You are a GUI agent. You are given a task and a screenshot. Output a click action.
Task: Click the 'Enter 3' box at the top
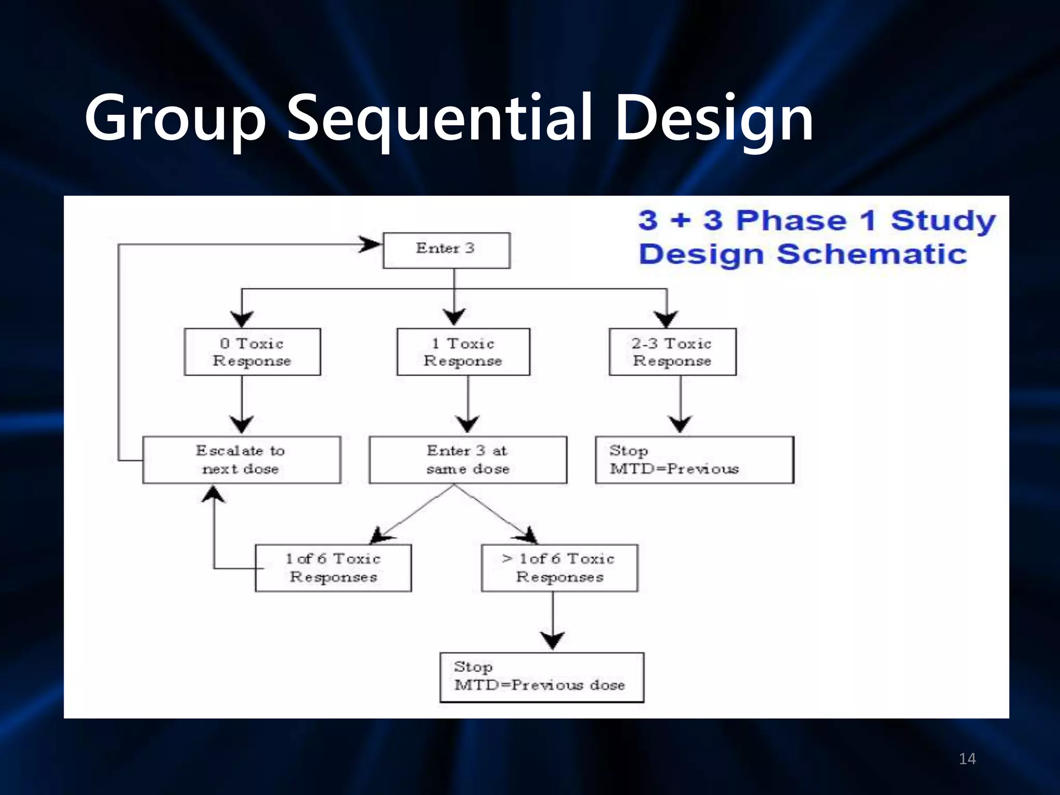(x=446, y=251)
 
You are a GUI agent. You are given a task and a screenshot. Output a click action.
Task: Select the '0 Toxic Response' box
(x=252, y=352)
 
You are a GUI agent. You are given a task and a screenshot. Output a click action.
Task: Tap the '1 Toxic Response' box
(x=463, y=352)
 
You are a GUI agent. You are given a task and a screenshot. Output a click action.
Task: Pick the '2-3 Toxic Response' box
(x=672, y=352)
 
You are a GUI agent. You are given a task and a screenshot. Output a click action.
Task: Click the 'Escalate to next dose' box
(x=241, y=460)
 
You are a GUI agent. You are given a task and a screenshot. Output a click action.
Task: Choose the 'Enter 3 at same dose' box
(x=468, y=460)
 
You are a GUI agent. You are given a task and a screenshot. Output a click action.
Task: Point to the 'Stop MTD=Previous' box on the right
(x=694, y=460)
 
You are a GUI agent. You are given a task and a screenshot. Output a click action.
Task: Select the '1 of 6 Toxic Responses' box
(x=333, y=568)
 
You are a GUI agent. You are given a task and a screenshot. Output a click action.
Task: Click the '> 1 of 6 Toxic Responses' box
(x=560, y=568)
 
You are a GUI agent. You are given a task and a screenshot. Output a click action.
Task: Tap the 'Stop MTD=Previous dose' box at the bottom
(x=541, y=677)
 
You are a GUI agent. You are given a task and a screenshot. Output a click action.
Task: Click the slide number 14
(x=967, y=759)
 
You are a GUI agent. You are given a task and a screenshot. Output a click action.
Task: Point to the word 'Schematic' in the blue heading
(x=872, y=254)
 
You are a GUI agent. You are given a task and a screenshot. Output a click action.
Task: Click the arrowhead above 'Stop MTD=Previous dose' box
(x=553, y=641)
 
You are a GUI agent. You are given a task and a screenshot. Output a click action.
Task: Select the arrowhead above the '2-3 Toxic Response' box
(x=666, y=318)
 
